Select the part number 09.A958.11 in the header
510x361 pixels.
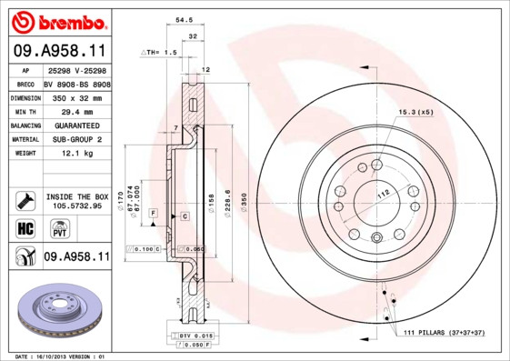click(59, 52)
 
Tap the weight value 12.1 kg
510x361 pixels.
click(65, 155)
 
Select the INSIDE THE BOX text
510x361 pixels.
click(77, 196)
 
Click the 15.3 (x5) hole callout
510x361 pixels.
click(414, 111)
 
